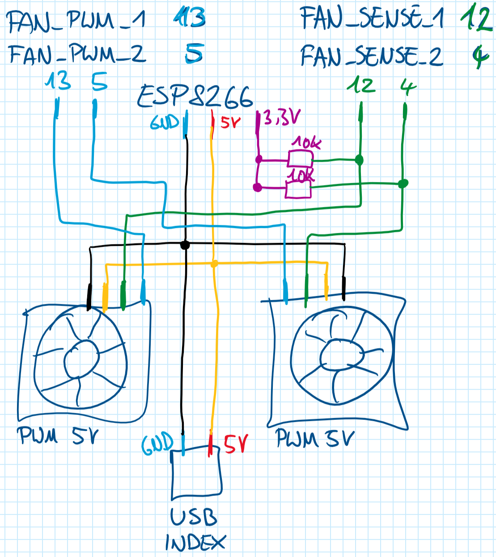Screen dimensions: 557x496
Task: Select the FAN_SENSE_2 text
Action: click(371, 56)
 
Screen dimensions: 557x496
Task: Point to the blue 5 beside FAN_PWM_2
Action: click(194, 53)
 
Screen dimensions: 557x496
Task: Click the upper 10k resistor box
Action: click(300, 159)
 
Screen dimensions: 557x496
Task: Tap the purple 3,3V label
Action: click(281, 117)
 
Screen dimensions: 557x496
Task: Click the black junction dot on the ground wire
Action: click(185, 245)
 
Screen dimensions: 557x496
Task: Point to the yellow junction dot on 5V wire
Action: click(214, 264)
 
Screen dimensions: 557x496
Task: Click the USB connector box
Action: click(196, 473)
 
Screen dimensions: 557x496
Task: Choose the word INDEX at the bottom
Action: click(195, 543)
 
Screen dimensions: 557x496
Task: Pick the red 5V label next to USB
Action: click(236, 444)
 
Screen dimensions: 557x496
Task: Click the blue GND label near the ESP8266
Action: click(164, 121)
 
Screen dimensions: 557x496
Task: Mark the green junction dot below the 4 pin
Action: click(403, 183)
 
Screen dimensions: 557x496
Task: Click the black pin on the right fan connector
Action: click(343, 289)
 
